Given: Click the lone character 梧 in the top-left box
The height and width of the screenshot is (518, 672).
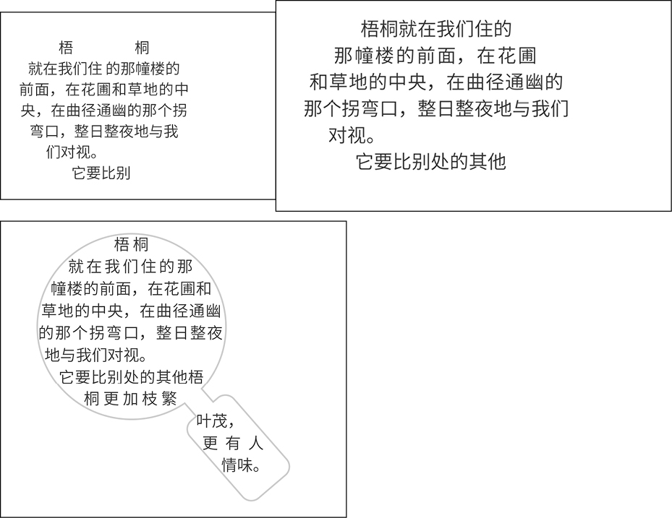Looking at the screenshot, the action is [x=66, y=48].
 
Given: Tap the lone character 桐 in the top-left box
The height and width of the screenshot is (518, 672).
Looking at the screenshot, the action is [x=142, y=48].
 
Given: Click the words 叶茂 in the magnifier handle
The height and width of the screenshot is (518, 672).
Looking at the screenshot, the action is [x=215, y=421].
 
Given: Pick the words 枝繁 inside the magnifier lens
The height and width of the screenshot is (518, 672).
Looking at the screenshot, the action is [x=159, y=399].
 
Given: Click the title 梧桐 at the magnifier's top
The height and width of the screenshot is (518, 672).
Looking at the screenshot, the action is [x=131, y=245].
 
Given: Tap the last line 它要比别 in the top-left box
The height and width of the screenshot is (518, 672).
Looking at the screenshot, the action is [x=101, y=173].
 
